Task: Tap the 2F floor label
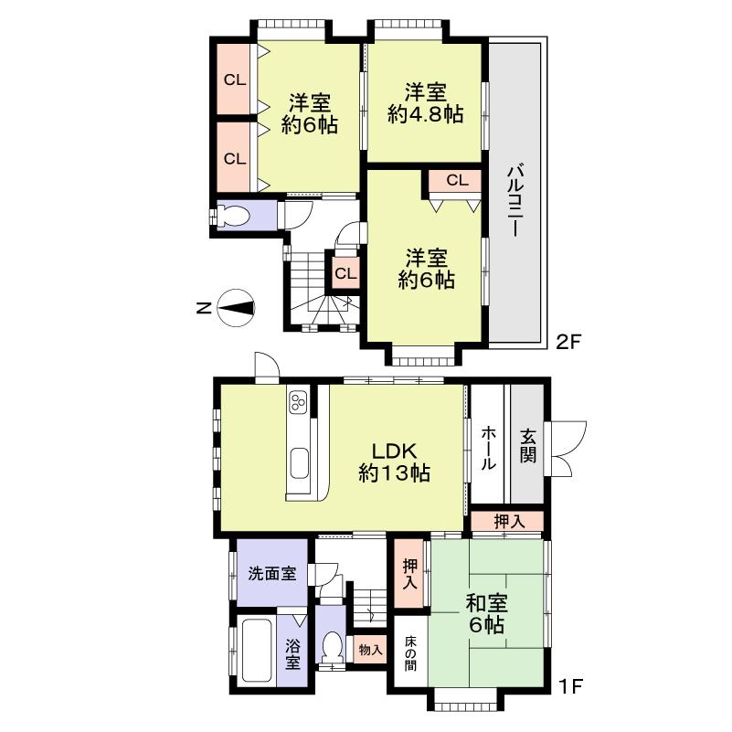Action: [x=569, y=342]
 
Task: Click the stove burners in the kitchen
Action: [x=298, y=402]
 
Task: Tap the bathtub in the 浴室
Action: [x=256, y=651]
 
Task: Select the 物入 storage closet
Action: [x=370, y=650]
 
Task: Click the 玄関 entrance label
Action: [x=528, y=444]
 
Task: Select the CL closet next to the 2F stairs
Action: [x=345, y=273]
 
